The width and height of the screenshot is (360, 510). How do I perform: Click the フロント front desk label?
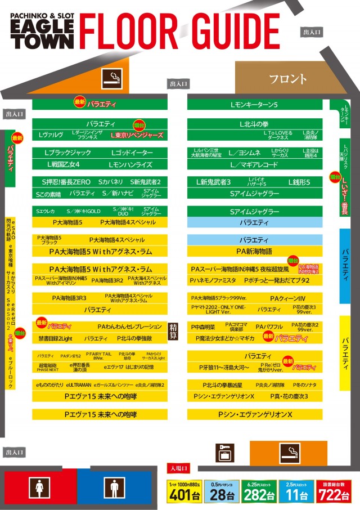[x=287, y=79]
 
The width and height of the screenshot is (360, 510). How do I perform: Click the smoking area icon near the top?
[x=111, y=79]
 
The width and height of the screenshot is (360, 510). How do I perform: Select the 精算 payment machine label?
[x=174, y=332]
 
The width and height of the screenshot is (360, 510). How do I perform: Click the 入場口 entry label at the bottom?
[x=179, y=468]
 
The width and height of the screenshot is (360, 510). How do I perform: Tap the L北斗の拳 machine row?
[x=254, y=123]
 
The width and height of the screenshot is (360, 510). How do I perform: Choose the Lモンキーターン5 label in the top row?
[x=254, y=105]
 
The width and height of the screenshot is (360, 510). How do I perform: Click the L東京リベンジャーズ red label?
[x=137, y=136]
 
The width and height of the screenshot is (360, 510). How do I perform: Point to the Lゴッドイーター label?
[x=132, y=153]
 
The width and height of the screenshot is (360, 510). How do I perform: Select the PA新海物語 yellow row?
[x=254, y=251]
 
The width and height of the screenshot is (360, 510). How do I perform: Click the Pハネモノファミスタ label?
[x=213, y=280]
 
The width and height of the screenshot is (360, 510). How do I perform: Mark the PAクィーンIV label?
[x=287, y=298]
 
